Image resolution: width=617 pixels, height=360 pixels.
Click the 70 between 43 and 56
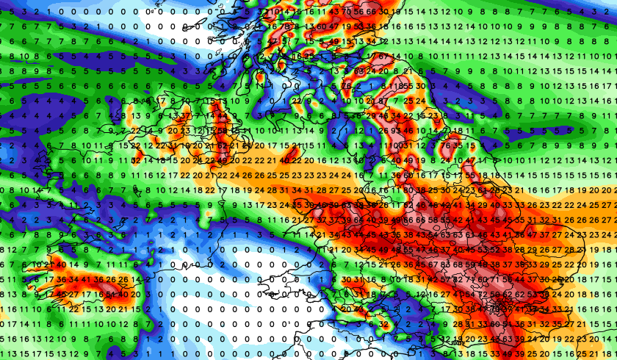tap(346, 11)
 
